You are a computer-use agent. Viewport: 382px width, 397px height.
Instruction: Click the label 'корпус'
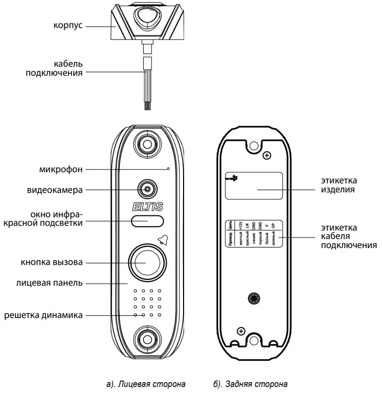pos(68,27)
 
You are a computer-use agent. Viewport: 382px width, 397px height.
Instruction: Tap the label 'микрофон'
pos(60,170)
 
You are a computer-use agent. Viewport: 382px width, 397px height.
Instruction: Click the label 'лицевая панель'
pos(49,283)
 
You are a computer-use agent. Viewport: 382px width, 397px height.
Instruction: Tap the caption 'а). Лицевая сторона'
pos(146,383)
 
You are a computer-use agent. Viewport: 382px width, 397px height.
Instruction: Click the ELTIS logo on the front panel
pos(146,206)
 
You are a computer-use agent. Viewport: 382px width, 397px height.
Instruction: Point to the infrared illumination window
pos(146,221)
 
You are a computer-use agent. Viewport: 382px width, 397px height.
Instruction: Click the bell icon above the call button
pos(162,240)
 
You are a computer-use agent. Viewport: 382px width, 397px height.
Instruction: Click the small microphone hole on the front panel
pos(168,169)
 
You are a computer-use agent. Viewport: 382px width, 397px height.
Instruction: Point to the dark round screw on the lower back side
pos(254,299)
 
